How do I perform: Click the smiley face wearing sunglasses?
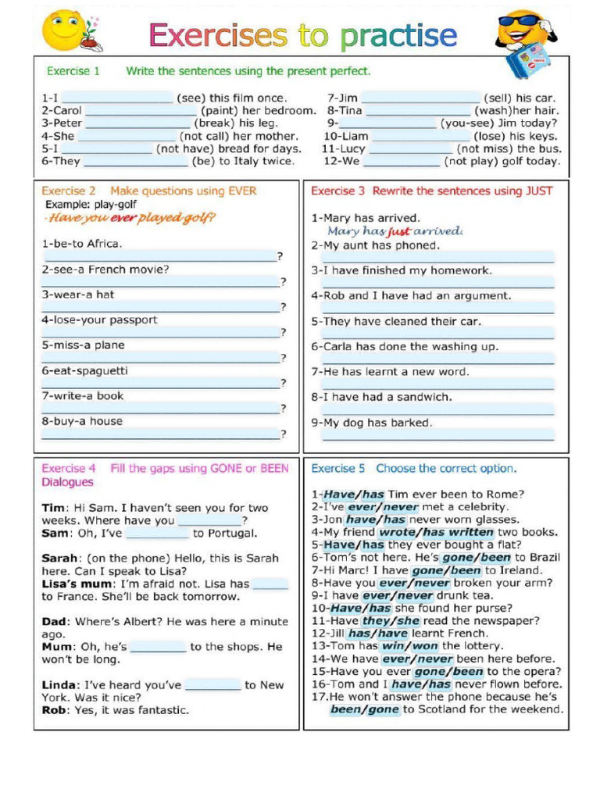click(x=522, y=31)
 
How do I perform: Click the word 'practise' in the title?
click(x=398, y=35)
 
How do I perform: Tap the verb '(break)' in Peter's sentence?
click(x=213, y=123)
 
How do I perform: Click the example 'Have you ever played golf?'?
click(x=130, y=218)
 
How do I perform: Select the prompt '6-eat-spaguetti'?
click(x=84, y=370)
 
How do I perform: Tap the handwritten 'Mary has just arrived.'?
click(x=395, y=231)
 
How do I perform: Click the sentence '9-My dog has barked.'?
click(x=372, y=423)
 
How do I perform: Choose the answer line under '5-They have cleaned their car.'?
click(x=437, y=334)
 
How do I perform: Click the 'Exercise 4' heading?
click(x=69, y=469)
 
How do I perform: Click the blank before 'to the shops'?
click(x=159, y=647)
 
